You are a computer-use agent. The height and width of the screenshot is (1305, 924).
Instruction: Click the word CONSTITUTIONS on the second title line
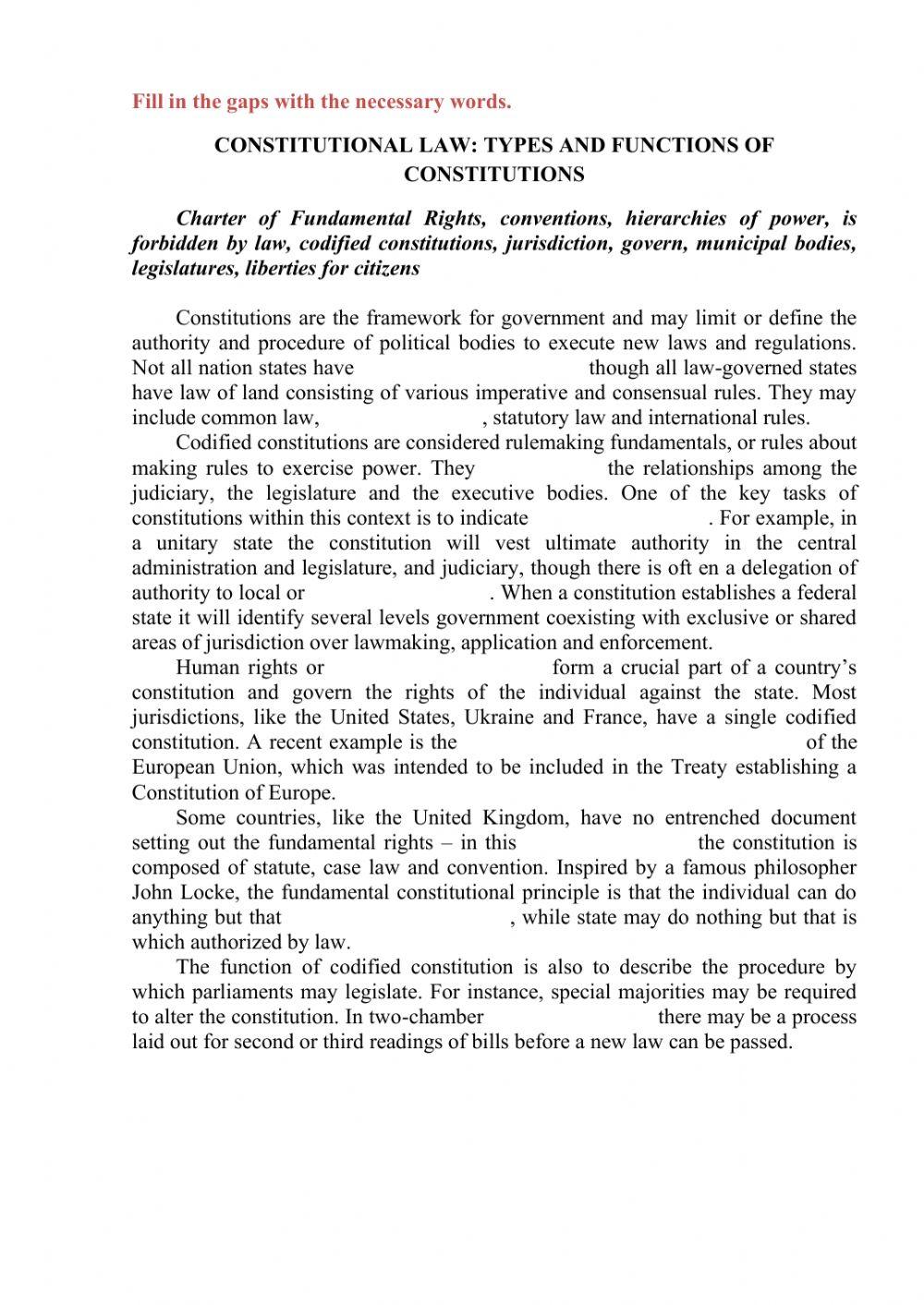coord(493,174)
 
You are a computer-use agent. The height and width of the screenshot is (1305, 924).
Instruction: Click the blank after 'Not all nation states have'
coord(471,368)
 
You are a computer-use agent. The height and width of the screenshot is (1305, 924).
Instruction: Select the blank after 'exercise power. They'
coord(541,468)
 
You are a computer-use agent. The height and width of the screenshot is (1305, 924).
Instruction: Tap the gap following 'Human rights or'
coord(437,668)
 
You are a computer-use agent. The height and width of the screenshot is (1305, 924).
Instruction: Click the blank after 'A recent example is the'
coord(631,743)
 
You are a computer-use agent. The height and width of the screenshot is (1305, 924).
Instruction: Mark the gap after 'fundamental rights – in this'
coord(606,842)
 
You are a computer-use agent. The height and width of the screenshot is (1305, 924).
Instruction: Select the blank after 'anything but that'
coord(396,917)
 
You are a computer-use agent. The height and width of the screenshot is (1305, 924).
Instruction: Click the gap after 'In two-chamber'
coord(570,1017)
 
